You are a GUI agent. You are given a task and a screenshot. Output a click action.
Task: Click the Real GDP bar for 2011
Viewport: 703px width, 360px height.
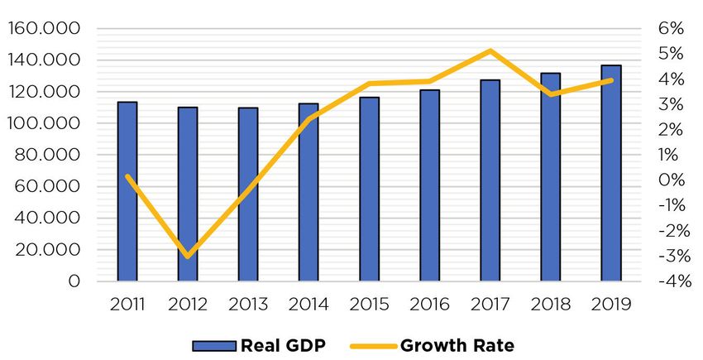click(x=127, y=191)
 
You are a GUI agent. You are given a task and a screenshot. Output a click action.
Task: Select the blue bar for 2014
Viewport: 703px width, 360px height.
click(x=308, y=192)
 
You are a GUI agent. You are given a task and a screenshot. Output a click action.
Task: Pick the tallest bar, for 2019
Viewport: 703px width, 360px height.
click(x=611, y=173)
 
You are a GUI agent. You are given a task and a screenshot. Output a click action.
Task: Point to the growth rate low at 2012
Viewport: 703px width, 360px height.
click(x=188, y=256)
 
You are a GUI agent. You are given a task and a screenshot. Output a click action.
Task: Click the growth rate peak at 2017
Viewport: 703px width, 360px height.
click(x=490, y=51)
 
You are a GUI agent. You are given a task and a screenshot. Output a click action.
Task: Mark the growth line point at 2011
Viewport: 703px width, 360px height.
click(x=127, y=175)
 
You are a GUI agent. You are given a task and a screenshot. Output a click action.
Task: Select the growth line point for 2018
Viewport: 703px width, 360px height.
click(x=551, y=94)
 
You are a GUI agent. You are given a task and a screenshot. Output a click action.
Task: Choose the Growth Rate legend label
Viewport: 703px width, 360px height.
click(x=457, y=344)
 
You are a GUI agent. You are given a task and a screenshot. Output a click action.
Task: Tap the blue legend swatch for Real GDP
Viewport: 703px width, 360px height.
click(x=213, y=345)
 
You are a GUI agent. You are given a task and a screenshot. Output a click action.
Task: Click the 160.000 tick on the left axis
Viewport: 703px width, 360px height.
click(x=45, y=28)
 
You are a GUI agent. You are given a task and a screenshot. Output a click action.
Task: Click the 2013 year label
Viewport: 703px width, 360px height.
click(x=248, y=304)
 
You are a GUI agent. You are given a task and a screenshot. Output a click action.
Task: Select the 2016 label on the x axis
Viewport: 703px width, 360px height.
click(x=429, y=304)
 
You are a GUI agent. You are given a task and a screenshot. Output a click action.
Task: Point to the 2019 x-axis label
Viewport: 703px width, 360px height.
click(x=611, y=304)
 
